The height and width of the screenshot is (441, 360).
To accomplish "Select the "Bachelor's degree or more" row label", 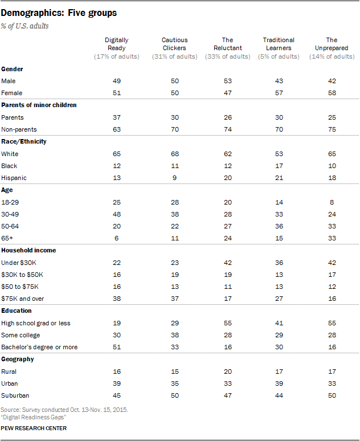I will [39, 347].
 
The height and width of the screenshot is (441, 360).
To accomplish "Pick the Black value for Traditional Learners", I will [279, 166].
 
